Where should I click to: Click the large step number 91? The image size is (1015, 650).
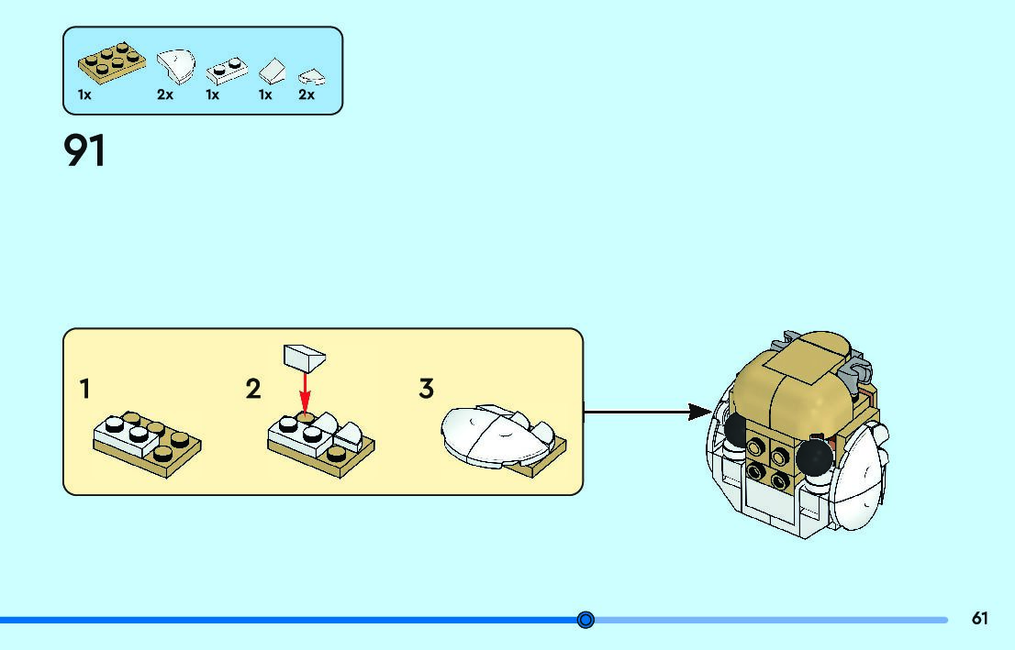coord(85,151)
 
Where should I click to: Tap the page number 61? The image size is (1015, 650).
coord(980,619)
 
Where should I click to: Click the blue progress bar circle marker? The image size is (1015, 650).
coord(586,621)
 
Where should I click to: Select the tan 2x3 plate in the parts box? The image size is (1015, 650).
coord(111,61)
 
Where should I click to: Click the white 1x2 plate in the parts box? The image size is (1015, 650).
coord(223,71)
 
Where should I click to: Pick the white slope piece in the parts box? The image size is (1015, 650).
coord(272,71)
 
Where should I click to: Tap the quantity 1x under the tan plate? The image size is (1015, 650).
coord(84,94)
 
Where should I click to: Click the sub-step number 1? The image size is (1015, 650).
coord(85,389)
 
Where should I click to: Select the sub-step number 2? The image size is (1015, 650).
coord(253,389)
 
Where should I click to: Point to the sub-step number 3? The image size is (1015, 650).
coord(426,389)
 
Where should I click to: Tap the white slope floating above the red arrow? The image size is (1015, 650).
coord(306,357)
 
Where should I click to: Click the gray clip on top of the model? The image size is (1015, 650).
coord(853,371)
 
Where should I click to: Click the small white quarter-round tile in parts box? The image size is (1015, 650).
coord(312,77)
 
